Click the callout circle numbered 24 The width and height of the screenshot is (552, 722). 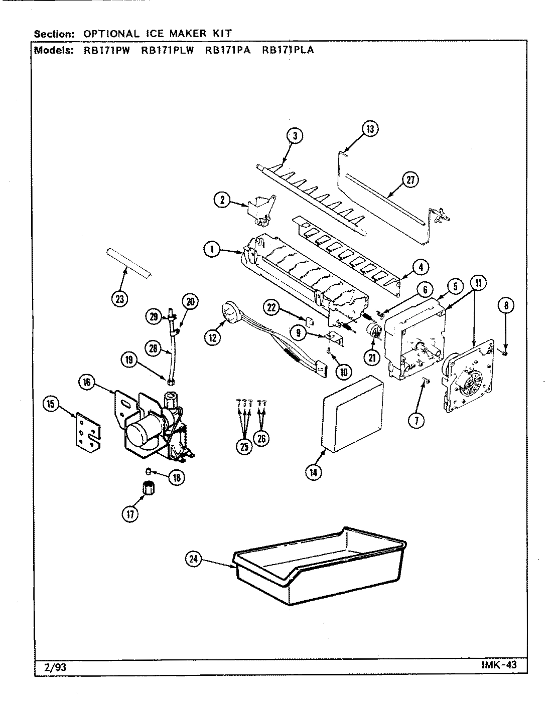193,559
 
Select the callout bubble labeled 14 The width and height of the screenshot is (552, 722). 314,471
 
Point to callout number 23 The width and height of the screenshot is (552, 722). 119,299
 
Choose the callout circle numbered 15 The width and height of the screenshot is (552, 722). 52,404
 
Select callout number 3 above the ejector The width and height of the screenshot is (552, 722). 295,135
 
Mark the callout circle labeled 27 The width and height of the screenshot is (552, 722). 410,180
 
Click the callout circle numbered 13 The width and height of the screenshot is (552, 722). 370,129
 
